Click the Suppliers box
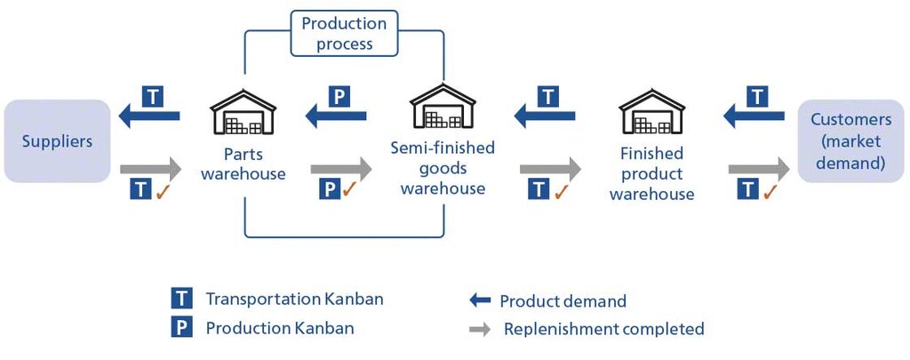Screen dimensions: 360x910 click(57, 141)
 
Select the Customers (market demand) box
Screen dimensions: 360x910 click(851, 141)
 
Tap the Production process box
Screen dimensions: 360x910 click(344, 34)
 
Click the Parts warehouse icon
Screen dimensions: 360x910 click(243, 111)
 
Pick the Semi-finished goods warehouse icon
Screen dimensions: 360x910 click(443, 108)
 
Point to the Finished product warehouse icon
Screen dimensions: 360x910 click(651, 111)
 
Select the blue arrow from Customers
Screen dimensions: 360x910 click(754, 115)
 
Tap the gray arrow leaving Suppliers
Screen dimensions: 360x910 click(151, 167)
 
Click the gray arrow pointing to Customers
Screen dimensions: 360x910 click(758, 167)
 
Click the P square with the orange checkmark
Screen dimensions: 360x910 click(329, 188)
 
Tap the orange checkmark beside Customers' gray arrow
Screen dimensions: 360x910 click(770, 189)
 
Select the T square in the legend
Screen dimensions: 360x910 click(182, 300)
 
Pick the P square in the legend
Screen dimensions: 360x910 click(182, 328)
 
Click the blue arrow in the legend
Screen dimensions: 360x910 click(480, 301)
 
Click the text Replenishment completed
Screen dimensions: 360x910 click(603, 329)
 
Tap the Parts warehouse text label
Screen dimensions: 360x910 click(243, 164)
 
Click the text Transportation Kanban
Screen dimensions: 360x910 click(294, 300)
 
